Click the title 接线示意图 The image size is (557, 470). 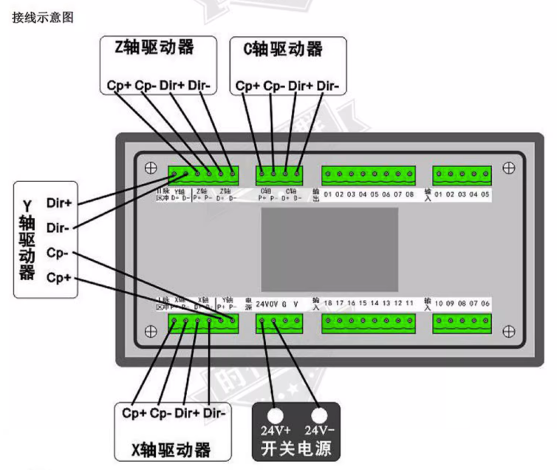(x=43, y=16)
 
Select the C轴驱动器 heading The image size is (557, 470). (x=283, y=50)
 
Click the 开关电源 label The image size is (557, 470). (x=296, y=449)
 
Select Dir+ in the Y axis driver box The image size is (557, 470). (x=58, y=201)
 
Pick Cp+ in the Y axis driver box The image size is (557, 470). (x=58, y=278)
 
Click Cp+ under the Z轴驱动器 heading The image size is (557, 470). (x=119, y=86)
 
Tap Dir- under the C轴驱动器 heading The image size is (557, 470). (x=327, y=86)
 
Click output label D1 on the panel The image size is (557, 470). (x=328, y=194)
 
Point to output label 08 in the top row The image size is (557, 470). (x=409, y=194)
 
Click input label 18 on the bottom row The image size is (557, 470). (x=328, y=303)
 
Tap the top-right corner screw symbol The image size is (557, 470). (x=508, y=168)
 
